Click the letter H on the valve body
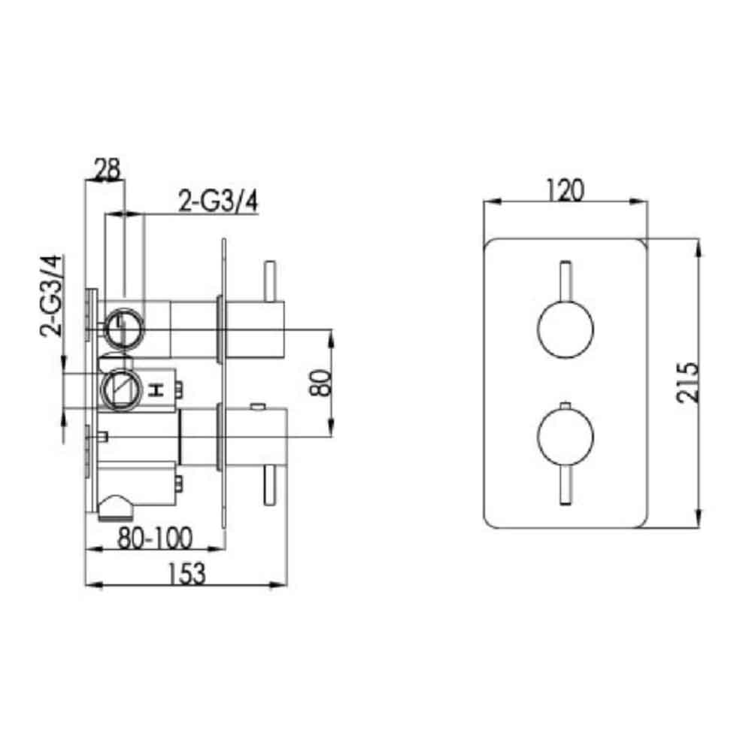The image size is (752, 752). (x=156, y=390)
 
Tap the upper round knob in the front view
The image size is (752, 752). (x=565, y=332)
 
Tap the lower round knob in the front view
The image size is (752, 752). (x=565, y=437)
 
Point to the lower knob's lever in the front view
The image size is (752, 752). (x=566, y=485)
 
